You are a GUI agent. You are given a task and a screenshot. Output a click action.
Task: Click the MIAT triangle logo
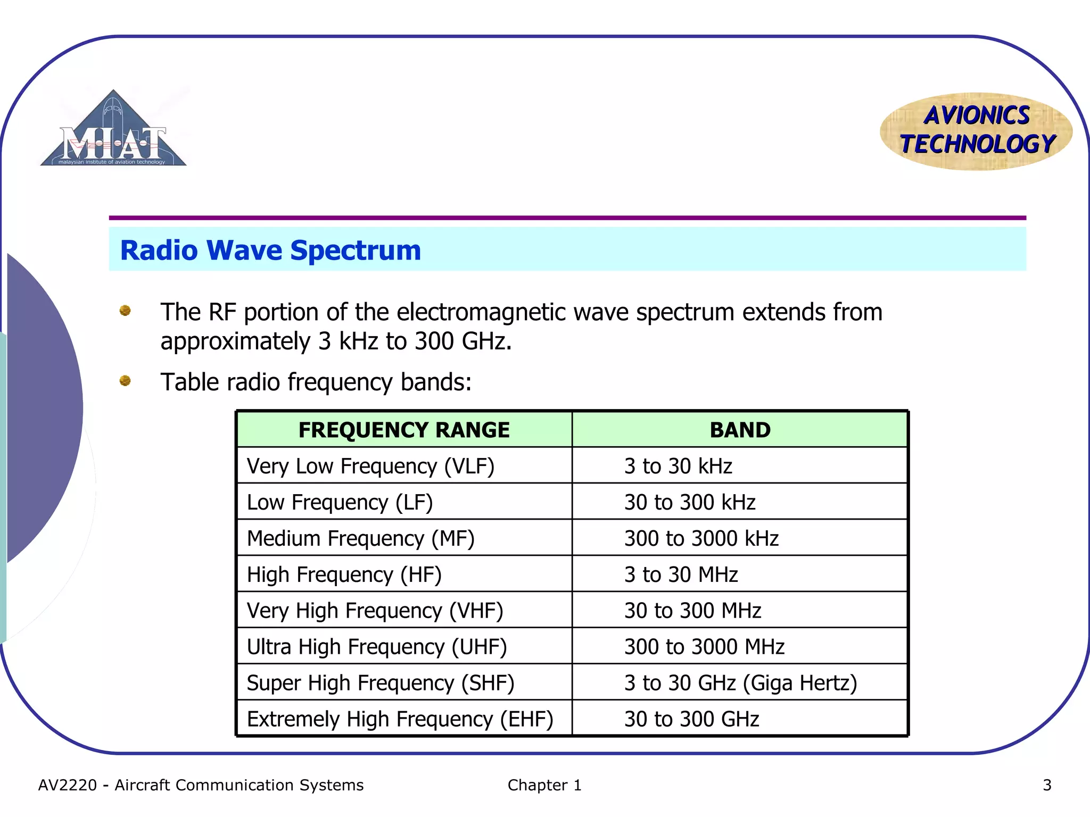pyautogui.click(x=113, y=130)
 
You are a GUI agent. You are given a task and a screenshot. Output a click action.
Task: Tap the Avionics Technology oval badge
pyautogui.click(x=977, y=131)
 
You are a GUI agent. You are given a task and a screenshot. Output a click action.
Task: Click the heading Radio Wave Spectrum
pyautogui.click(x=270, y=251)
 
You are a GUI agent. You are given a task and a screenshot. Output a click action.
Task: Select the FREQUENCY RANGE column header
pyautogui.click(x=404, y=430)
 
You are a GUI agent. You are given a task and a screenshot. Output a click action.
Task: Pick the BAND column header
pyautogui.click(x=740, y=430)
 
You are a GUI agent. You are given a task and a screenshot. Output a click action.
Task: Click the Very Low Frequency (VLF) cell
pyautogui.click(x=370, y=466)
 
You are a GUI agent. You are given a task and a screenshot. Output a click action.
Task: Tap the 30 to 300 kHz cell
pyautogui.click(x=690, y=502)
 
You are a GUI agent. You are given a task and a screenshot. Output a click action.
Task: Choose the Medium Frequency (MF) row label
pyautogui.click(x=360, y=538)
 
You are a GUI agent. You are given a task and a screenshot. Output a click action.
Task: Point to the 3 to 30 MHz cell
pyautogui.click(x=681, y=574)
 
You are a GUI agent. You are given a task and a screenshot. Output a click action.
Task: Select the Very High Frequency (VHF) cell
pyautogui.click(x=375, y=611)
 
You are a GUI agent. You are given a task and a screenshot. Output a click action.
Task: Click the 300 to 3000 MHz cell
pyautogui.click(x=704, y=647)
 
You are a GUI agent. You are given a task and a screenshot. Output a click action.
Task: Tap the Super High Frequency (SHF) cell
pyautogui.click(x=381, y=683)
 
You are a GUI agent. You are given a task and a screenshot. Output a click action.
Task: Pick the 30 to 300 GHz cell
pyautogui.click(x=691, y=719)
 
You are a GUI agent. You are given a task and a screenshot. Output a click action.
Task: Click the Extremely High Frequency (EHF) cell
pyautogui.click(x=400, y=719)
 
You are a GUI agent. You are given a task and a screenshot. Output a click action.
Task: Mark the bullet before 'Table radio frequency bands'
pyautogui.click(x=125, y=381)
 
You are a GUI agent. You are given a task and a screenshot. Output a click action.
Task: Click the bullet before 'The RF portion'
pyautogui.click(x=125, y=311)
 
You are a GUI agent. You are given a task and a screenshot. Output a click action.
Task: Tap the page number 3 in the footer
pyautogui.click(x=1047, y=785)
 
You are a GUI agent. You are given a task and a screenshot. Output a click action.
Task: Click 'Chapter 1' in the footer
pyautogui.click(x=544, y=785)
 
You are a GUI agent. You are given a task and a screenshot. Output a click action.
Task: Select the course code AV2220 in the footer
pyautogui.click(x=68, y=785)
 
